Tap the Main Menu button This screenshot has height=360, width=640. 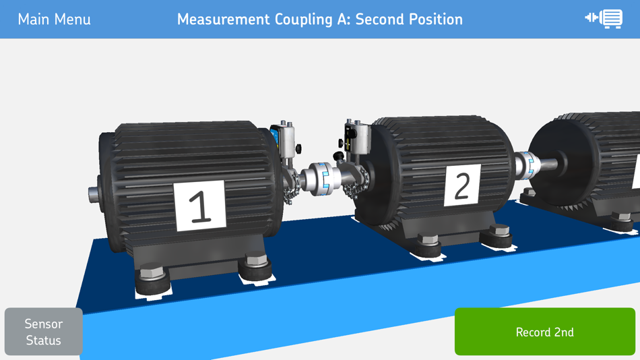click(55, 19)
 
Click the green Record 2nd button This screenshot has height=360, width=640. click(545, 332)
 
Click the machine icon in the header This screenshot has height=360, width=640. click(604, 19)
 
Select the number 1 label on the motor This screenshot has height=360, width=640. click(200, 206)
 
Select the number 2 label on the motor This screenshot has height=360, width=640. click(462, 185)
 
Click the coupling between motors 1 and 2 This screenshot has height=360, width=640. click(325, 179)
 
